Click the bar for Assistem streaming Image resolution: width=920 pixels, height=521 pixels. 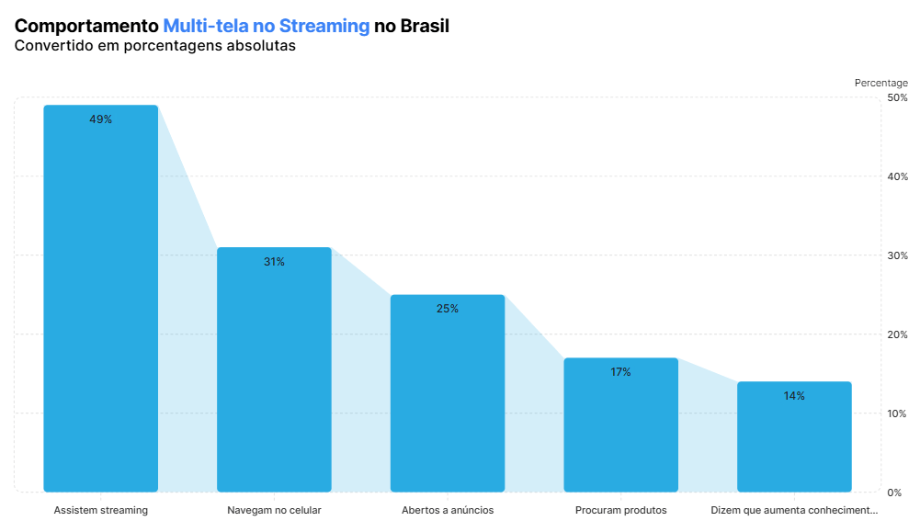click(101, 299)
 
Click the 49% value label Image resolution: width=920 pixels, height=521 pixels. click(101, 119)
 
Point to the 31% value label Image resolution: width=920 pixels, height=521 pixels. click(274, 262)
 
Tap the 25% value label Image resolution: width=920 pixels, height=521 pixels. click(448, 309)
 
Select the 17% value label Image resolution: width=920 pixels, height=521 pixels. click(620, 372)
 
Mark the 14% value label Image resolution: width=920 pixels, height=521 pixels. click(794, 396)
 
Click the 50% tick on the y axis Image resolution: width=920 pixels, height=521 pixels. click(897, 97)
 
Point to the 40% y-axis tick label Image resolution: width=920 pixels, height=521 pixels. click(897, 176)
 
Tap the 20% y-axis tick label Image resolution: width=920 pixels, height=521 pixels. click(897, 334)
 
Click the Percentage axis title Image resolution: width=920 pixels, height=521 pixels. click(880, 83)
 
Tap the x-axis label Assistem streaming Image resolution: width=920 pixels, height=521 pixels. click(101, 510)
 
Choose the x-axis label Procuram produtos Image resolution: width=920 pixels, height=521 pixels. click(620, 510)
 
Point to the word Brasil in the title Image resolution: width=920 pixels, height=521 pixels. click(425, 26)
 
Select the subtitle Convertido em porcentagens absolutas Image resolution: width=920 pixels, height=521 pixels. click(155, 46)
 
